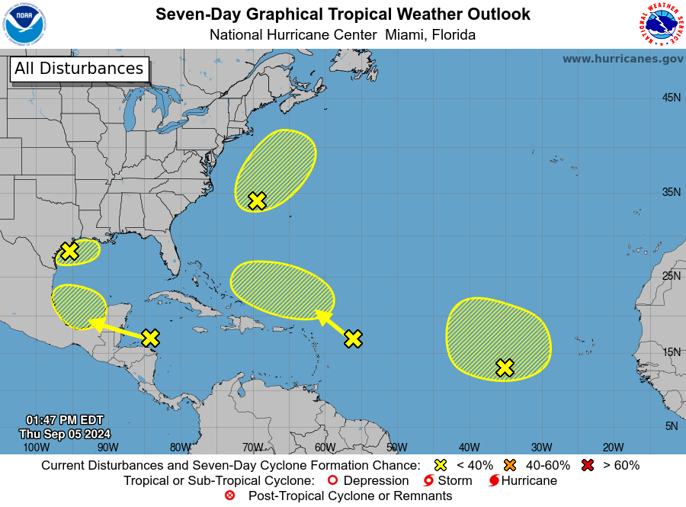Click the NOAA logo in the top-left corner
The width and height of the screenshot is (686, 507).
[x=24, y=24]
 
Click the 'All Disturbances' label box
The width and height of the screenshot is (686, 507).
[x=79, y=69]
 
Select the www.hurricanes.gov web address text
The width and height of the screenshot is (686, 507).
[x=623, y=59]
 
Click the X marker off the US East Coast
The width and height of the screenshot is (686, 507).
[x=257, y=201]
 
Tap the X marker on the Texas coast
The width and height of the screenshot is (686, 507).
[x=69, y=251]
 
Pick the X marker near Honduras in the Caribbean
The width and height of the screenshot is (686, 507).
[x=150, y=337]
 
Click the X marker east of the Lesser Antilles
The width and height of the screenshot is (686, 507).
[x=353, y=339]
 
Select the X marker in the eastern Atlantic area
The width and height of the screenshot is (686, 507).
[x=505, y=367]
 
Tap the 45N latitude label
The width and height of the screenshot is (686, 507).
[x=671, y=98]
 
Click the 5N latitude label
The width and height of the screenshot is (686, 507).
[x=671, y=426]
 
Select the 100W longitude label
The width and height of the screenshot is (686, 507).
[x=31, y=448]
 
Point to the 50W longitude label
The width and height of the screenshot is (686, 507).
[x=396, y=448]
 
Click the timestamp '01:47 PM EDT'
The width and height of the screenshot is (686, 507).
[x=64, y=420]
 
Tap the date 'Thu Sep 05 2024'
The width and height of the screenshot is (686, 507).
[x=65, y=433]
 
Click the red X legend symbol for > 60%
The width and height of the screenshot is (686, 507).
[x=588, y=465]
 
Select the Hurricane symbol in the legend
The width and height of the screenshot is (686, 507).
[x=494, y=480]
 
